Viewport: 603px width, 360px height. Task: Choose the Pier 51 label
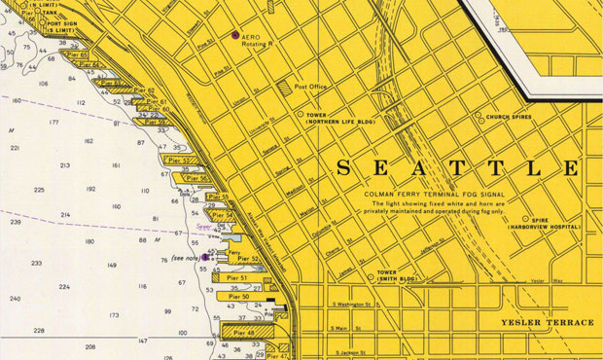(x=237, y=278)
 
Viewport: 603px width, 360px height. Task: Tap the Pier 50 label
(x=238, y=297)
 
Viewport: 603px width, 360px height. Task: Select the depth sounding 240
(x=15, y=299)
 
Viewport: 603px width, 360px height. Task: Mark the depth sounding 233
(x=36, y=264)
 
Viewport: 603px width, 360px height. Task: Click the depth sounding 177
(x=54, y=124)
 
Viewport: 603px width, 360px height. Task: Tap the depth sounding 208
(x=90, y=346)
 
